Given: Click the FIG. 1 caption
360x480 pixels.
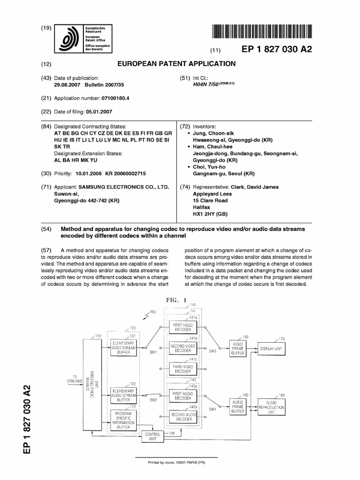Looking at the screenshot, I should click(x=176, y=300).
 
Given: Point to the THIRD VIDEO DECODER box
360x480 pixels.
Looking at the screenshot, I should click(x=183, y=368).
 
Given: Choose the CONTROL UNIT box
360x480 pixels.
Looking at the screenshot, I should click(x=153, y=436).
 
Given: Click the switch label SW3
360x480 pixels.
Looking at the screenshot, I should click(x=213, y=351).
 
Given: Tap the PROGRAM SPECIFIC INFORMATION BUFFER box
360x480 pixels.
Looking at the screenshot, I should click(x=123, y=420).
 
